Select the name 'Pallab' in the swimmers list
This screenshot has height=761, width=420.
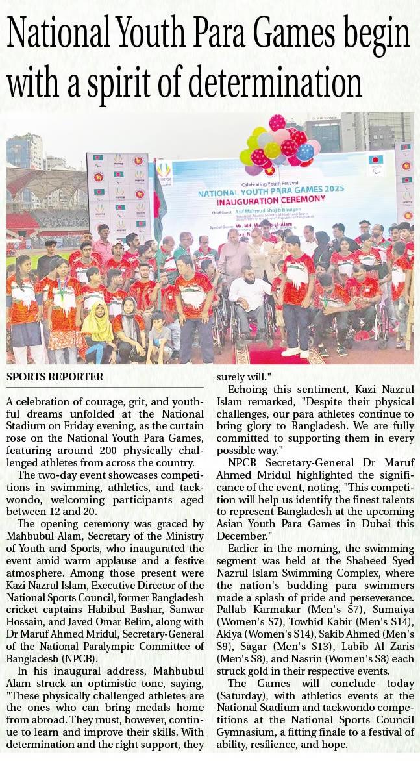[x=240, y=595]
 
